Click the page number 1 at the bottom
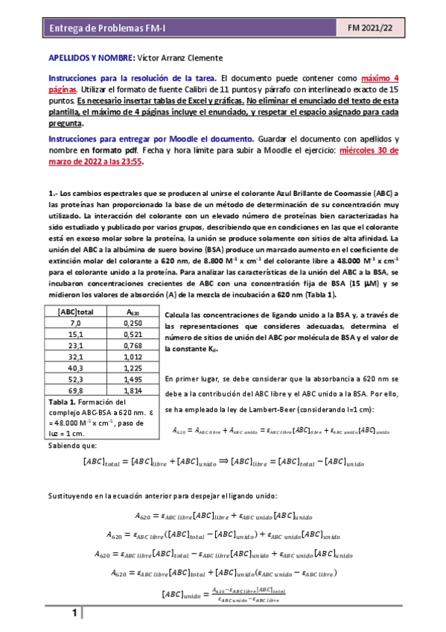point(75,613)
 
